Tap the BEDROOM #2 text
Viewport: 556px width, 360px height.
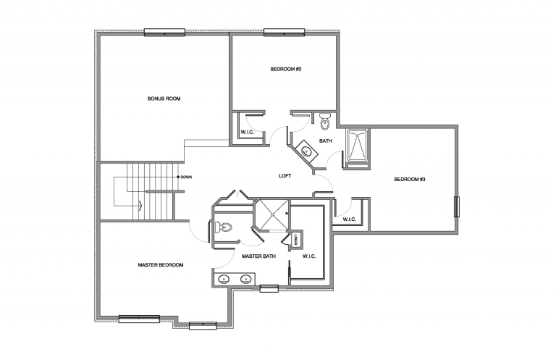pos(285,69)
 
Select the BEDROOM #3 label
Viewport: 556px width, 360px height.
pos(409,179)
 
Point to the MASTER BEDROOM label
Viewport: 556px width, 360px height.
pos(160,265)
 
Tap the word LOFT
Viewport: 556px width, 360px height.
pos(285,176)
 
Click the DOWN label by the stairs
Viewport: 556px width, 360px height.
pos(186,177)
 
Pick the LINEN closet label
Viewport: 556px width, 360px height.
pos(295,238)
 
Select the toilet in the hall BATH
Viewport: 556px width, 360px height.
pos(324,118)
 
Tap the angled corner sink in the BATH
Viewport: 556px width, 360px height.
pos(306,152)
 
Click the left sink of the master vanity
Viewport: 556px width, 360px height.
pos(224,279)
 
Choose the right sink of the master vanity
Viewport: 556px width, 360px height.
pos(244,279)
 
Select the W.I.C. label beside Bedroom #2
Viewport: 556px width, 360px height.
pos(245,131)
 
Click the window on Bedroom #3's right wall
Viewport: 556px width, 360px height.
pos(456,206)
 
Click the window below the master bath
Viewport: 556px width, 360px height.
pos(269,289)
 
